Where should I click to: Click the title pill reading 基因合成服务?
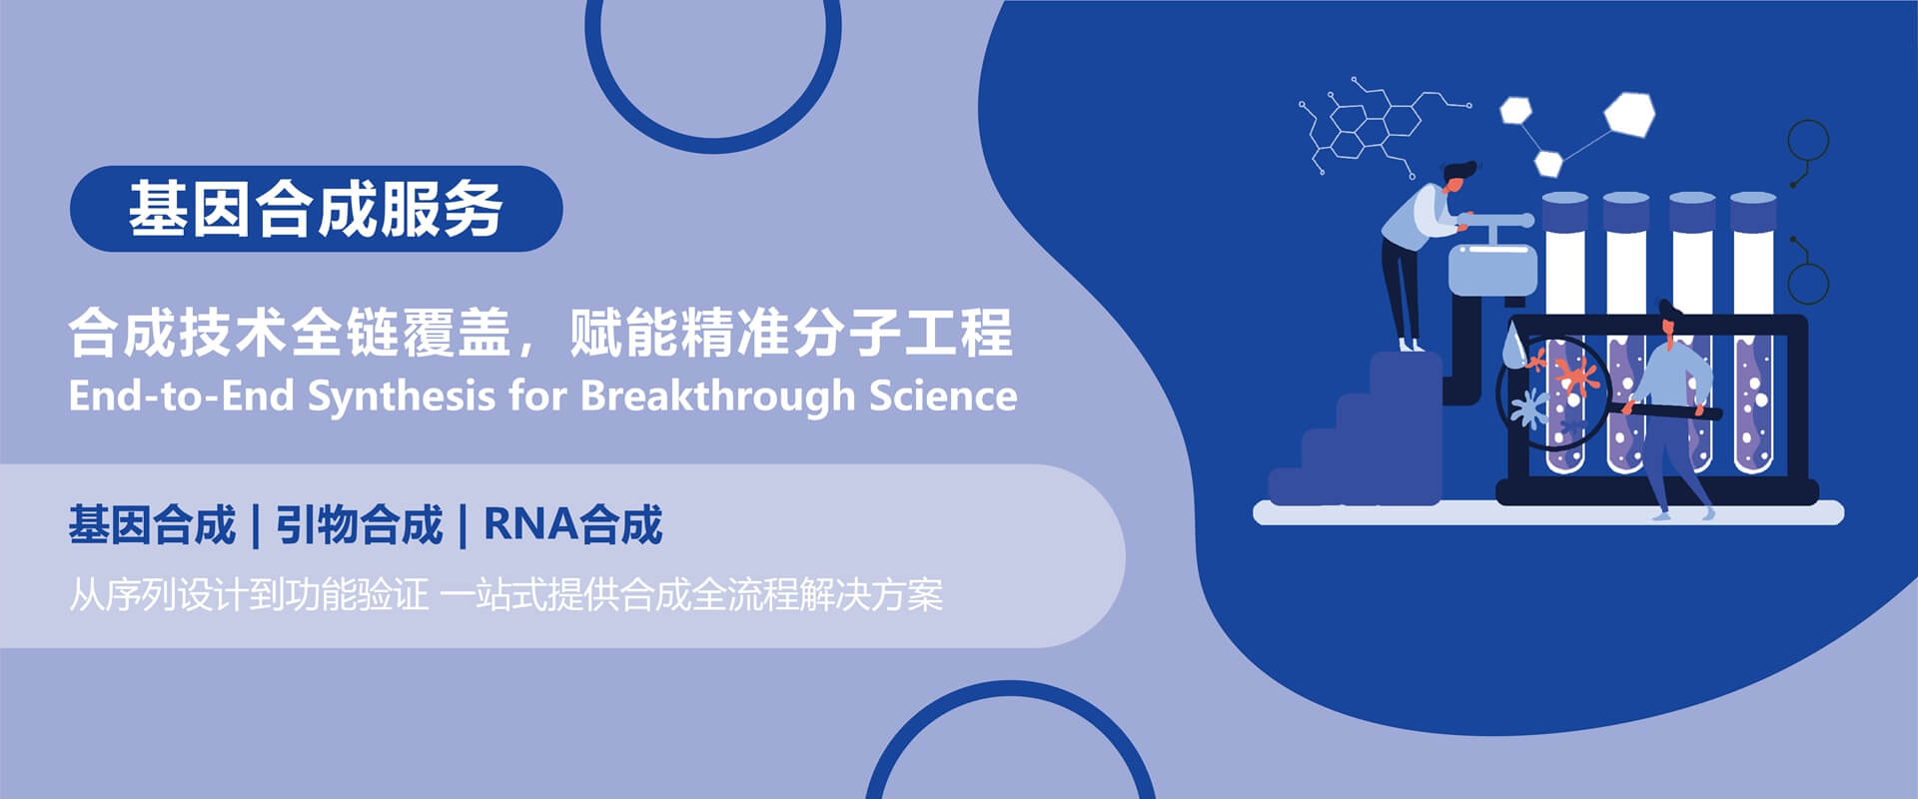click(x=316, y=209)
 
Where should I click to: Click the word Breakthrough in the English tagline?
click(x=717, y=396)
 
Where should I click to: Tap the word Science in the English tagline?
click(x=943, y=396)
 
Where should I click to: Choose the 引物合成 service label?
click(x=359, y=524)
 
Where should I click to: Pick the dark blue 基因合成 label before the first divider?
click(x=152, y=524)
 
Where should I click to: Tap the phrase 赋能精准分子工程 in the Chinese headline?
click(x=790, y=333)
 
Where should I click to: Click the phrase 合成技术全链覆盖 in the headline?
click(x=290, y=333)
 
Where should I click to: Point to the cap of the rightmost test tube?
click(x=1753, y=212)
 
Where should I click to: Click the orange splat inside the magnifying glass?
click(x=1575, y=374)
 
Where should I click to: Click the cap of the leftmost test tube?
click(x=1565, y=212)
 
